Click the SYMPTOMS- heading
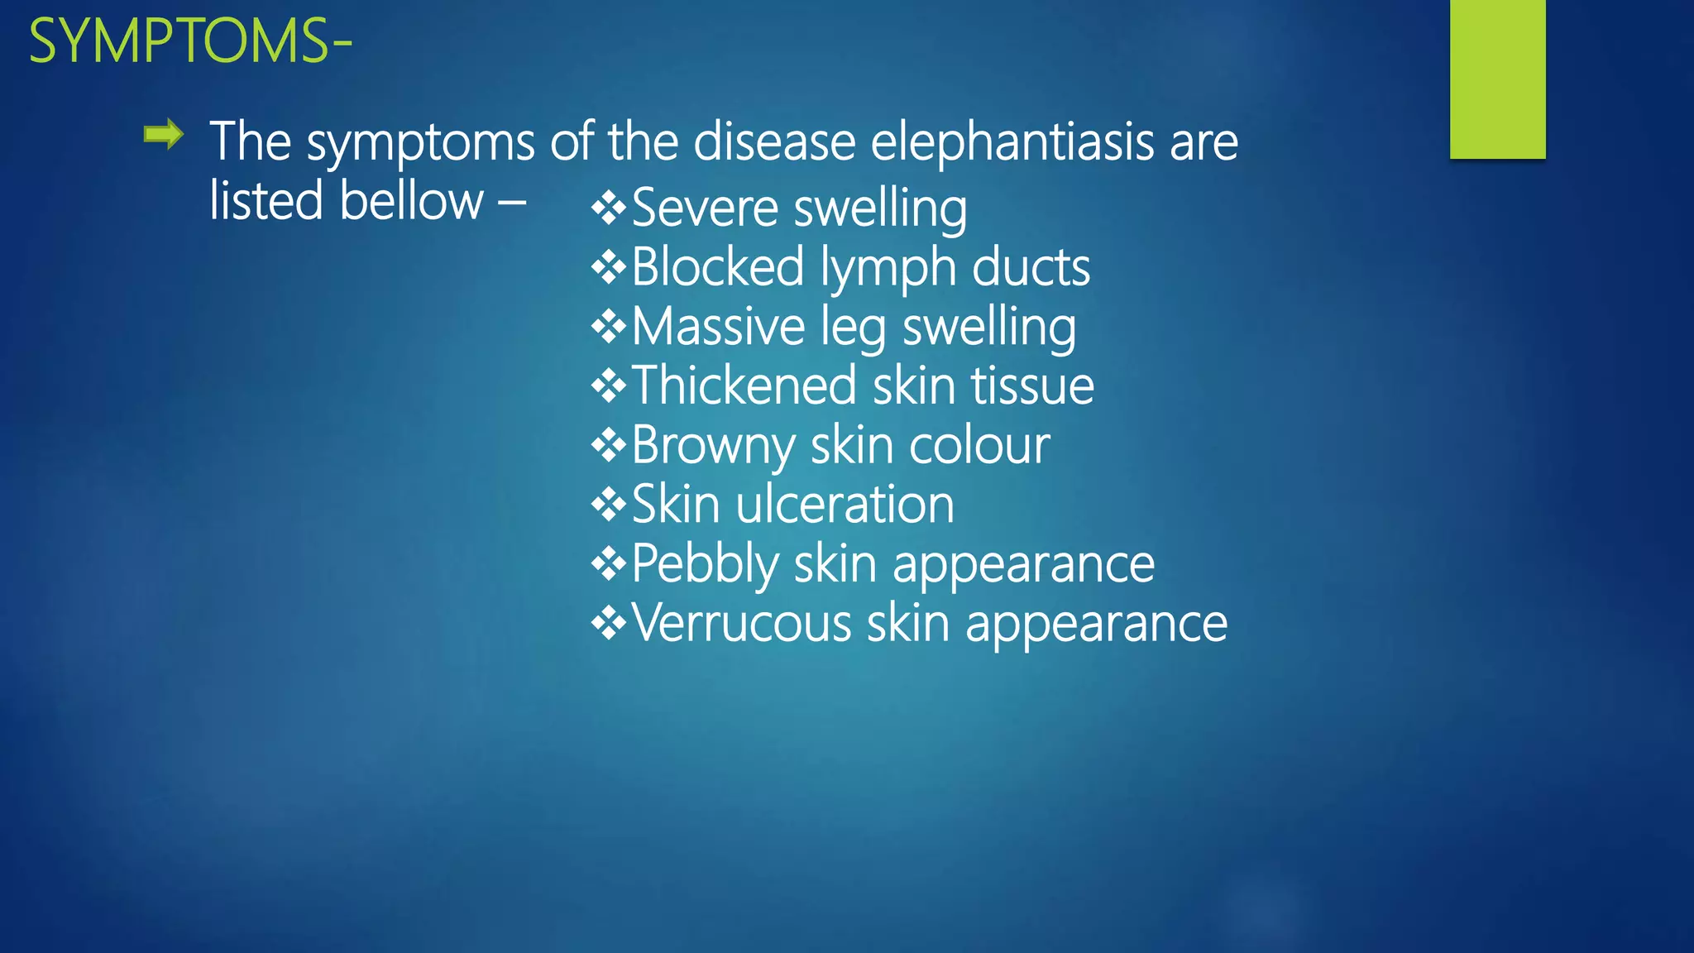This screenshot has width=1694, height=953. tap(190, 41)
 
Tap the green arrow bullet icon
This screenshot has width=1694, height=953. tap(163, 134)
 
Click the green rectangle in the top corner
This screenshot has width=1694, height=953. tap(1497, 79)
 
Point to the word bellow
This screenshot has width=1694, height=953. tap(412, 201)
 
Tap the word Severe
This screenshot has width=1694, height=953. tap(704, 208)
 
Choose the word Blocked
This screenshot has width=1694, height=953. tap(717, 267)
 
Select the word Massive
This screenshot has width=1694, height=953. tap(718, 327)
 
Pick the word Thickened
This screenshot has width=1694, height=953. tap(744, 386)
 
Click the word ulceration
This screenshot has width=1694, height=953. tap(845, 505)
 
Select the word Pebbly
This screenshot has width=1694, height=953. tap(705, 565)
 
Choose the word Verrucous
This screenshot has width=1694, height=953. tap(741, 623)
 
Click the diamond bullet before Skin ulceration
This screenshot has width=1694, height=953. tap(609, 505)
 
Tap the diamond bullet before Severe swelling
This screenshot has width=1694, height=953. tap(609, 208)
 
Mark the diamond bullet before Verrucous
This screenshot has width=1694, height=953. tap(609, 624)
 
